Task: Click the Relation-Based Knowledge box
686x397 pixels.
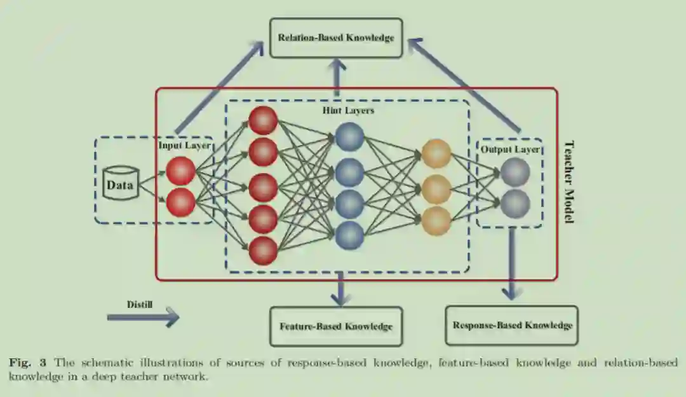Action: point(336,38)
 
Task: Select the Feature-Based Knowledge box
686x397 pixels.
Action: point(336,326)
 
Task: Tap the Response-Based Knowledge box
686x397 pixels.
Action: point(512,325)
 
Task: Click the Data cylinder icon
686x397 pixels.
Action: point(120,185)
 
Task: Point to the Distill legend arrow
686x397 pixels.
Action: point(143,316)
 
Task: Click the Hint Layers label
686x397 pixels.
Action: point(348,110)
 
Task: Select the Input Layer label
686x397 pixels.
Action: point(184,146)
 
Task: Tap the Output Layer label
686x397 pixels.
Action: point(510,150)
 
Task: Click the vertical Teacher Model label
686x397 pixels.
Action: point(569,181)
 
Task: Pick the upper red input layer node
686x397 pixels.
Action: point(180,171)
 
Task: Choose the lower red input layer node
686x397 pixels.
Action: point(180,202)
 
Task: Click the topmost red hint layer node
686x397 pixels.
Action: point(263,120)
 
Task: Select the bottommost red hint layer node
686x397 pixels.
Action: point(263,250)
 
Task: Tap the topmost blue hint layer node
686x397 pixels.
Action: point(349,137)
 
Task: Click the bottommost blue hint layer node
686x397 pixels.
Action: point(349,235)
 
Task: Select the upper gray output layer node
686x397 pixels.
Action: point(514,172)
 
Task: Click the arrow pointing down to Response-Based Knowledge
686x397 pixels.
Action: point(511,261)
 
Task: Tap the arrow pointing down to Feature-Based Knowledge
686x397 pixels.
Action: point(340,289)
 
